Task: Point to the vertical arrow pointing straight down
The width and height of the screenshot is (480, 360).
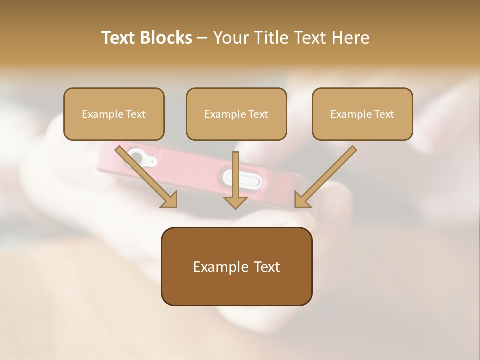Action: tap(236, 175)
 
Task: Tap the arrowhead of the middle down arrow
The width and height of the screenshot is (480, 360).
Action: tap(236, 201)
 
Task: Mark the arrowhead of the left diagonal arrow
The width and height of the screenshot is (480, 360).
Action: tap(170, 200)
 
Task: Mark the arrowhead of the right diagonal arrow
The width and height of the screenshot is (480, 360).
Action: tap(302, 200)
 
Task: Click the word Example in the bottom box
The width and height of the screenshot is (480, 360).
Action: tap(218, 267)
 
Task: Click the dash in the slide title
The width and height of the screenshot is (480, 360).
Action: tap(202, 38)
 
